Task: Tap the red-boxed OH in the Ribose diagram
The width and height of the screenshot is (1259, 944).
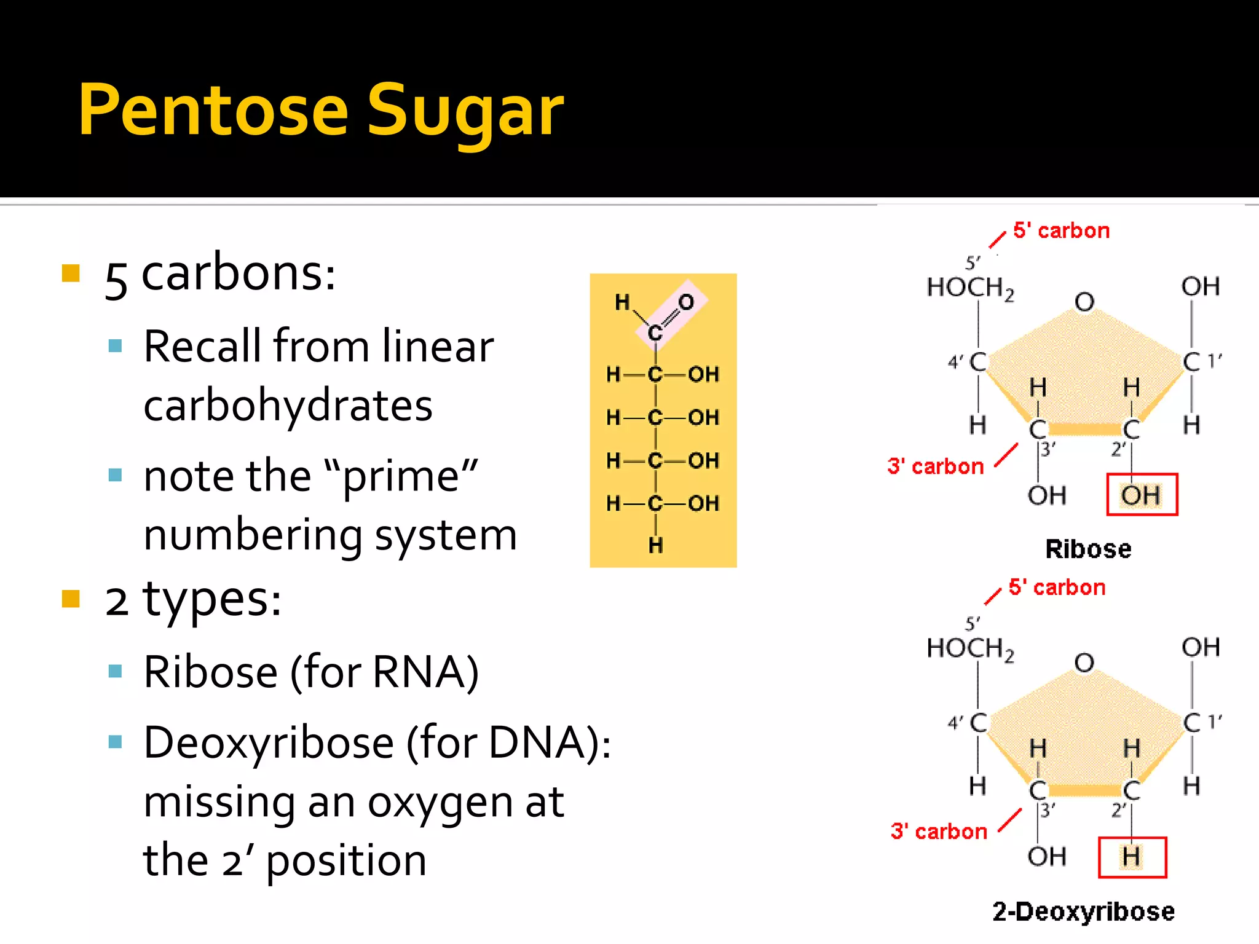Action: click(x=1142, y=495)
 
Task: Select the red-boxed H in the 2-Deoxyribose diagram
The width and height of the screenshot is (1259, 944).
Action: click(x=1132, y=857)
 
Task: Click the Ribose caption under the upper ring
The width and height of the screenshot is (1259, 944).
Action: click(x=1088, y=549)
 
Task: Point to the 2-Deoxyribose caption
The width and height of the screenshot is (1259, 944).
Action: click(x=1083, y=911)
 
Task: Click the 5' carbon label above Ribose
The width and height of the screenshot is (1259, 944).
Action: click(x=1061, y=230)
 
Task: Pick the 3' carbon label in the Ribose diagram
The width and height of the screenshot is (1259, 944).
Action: click(x=936, y=466)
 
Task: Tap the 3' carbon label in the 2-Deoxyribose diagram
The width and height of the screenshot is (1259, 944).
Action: click(x=939, y=832)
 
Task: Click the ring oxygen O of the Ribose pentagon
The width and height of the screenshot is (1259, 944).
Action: click(x=1084, y=302)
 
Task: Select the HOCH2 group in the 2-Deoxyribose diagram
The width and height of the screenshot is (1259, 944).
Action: click(x=970, y=648)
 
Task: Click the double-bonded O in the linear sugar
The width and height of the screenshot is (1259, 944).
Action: click(x=686, y=302)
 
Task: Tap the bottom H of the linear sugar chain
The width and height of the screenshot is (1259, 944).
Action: click(x=656, y=545)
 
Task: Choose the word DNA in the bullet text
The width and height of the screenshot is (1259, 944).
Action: click(x=535, y=743)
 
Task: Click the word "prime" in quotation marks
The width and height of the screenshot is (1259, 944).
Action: click(x=402, y=476)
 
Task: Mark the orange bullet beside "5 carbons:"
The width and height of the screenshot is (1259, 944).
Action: click(x=71, y=273)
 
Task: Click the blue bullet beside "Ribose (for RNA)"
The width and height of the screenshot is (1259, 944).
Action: click(x=115, y=671)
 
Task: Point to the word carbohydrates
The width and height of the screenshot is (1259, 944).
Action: click(x=288, y=406)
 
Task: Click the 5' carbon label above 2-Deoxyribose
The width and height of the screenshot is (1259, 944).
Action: click(x=1057, y=588)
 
